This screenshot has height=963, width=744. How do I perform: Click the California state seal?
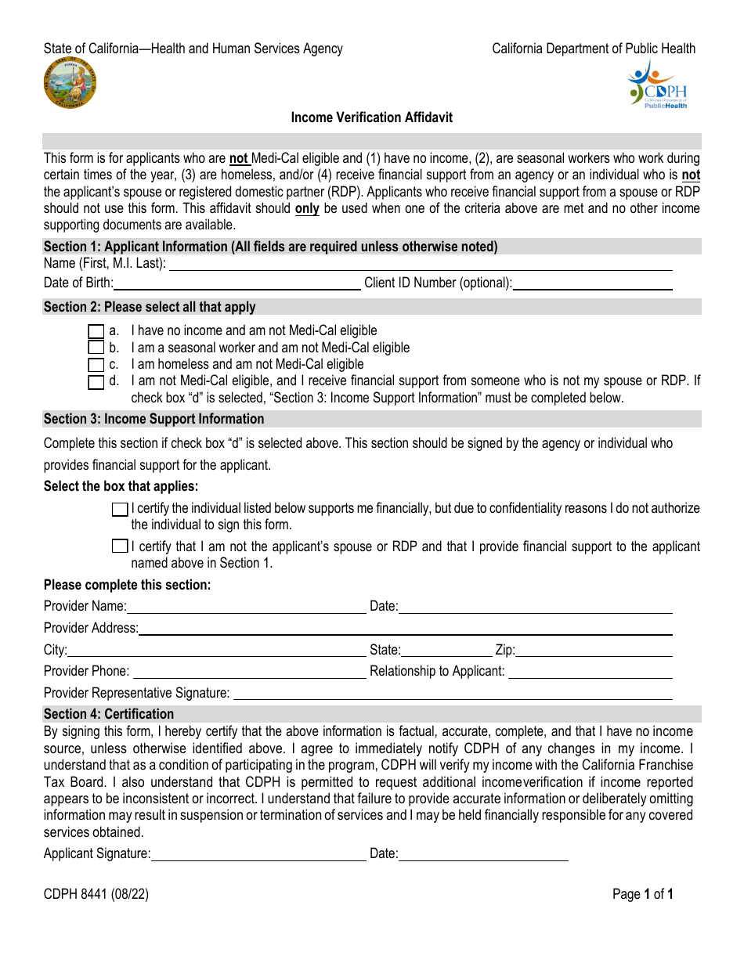tap(70, 84)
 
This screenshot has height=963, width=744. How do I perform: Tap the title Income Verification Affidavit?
tap(371, 117)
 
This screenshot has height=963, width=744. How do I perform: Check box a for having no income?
tap(96, 331)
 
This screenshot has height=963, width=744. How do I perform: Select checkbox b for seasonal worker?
tap(96, 348)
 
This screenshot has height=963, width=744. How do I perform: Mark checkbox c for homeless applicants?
tap(96, 365)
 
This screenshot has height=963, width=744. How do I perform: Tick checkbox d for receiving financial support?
tap(96, 382)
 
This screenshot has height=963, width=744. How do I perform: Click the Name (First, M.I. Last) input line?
tap(421, 265)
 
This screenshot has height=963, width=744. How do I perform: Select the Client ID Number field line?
tap(592, 283)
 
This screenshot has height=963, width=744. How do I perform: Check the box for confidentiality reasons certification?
tap(120, 510)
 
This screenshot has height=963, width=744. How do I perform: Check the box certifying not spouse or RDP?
tap(120, 546)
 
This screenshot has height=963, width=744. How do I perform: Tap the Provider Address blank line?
tap(405, 629)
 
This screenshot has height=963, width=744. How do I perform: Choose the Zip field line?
tap(594, 651)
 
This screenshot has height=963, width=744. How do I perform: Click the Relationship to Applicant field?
tap(590, 672)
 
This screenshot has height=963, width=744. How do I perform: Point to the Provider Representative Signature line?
tap(453, 694)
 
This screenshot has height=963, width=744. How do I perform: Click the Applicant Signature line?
tap(258, 854)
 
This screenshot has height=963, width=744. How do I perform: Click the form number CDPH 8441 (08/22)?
tap(96, 894)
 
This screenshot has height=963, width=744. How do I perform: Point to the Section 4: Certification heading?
tap(109, 714)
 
